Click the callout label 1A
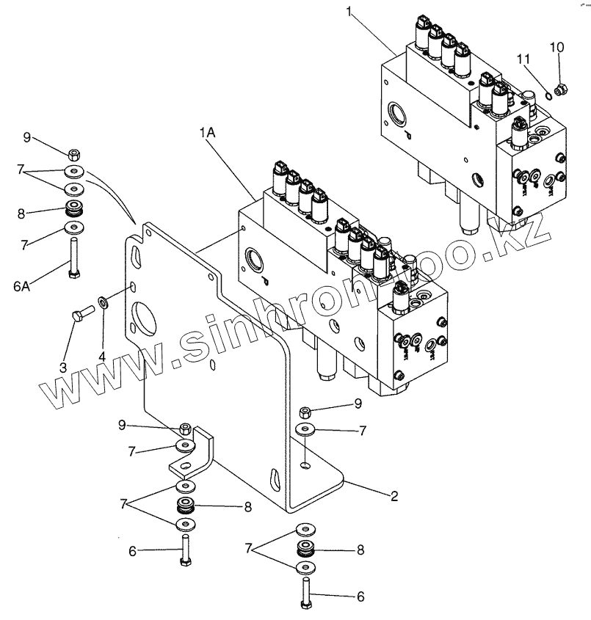pyautogui.click(x=207, y=133)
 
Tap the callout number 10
pyautogui.click(x=556, y=48)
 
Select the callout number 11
pyautogui.click(x=523, y=59)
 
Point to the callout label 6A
pyautogui.click(x=22, y=286)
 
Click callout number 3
pyautogui.click(x=63, y=368)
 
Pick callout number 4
pyautogui.click(x=102, y=357)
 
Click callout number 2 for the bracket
pyautogui.click(x=394, y=496)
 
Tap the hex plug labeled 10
pyautogui.click(x=561, y=90)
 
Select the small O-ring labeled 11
pyautogui.click(x=547, y=95)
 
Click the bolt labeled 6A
pyautogui.click(x=74, y=258)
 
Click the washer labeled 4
pyautogui.click(x=104, y=303)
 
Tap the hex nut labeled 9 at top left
pyautogui.click(x=74, y=153)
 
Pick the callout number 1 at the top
pyautogui.click(x=349, y=12)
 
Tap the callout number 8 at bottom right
pyautogui.click(x=360, y=550)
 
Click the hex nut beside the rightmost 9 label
pyautogui.click(x=305, y=412)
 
